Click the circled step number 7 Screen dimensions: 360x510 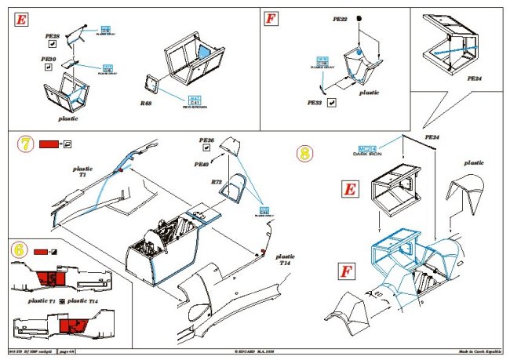pyautogui.click(x=25, y=145)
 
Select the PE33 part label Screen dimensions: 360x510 pyautogui.click(x=315, y=102)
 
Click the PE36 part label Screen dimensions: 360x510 pyautogui.click(x=206, y=140)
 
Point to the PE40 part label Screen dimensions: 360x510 pyautogui.click(x=202, y=165)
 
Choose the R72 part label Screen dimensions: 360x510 pyautogui.click(x=217, y=183)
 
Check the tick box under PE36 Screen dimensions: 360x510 pyautogui.click(x=206, y=151)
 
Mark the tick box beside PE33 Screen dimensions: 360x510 pyautogui.click(x=333, y=102)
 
